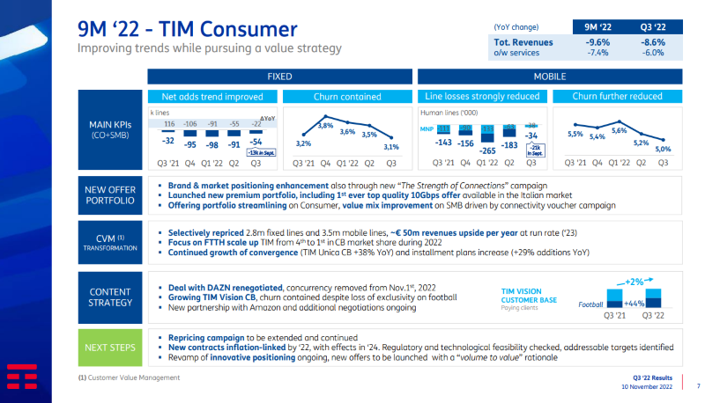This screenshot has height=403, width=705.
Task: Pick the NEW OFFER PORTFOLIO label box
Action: [x=110, y=194]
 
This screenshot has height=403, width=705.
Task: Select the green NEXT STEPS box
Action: [x=110, y=348]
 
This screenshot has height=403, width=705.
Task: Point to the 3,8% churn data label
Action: [x=324, y=126]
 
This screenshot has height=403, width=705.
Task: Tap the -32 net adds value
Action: [x=167, y=140]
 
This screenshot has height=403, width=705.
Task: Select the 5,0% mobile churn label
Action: [x=662, y=150]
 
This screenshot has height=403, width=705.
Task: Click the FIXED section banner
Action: [x=279, y=77]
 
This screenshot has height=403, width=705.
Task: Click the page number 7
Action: [x=697, y=385]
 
